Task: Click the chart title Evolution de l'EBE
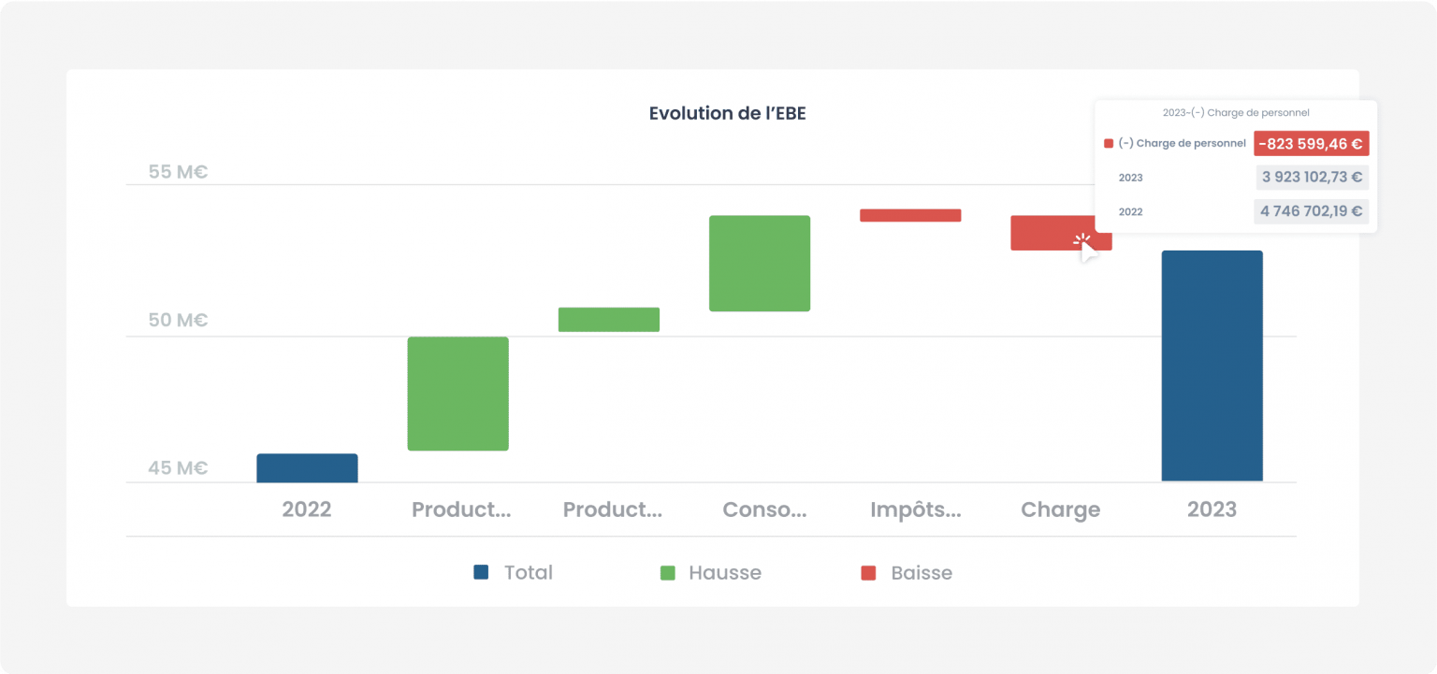tap(727, 113)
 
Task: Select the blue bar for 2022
tap(307, 467)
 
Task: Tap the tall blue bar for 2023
tap(1212, 366)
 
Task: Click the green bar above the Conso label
tap(760, 263)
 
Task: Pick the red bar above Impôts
tap(910, 216)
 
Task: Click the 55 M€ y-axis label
tap(178, 172)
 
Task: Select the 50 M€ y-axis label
tap(178, 320)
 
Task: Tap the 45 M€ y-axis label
tap(178, 467)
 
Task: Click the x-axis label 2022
tap(307, 509)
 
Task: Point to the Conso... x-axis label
tap(764, 509)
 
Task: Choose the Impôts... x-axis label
tap(916, 509)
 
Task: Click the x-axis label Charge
tap(1060, 509)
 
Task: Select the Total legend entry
tap(514, 572)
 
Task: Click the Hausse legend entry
tap(711, 572)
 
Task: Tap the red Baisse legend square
tap(868, 573)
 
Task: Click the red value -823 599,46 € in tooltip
tap(1312, 144)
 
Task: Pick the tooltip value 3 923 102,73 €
tap(1312, 177)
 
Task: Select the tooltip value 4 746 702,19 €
tap(1312, 211)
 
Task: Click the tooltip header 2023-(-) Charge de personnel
tap(1236, 113)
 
